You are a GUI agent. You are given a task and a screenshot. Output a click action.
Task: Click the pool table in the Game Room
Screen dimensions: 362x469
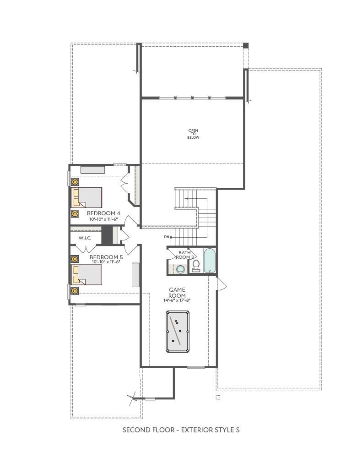178,332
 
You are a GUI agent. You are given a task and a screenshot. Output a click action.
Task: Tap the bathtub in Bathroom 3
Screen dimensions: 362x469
209,261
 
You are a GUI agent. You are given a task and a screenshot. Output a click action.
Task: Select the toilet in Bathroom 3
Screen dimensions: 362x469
196,266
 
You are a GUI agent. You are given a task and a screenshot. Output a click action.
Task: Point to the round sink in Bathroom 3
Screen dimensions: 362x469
181,269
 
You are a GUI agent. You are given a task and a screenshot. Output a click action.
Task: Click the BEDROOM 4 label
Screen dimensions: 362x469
103,213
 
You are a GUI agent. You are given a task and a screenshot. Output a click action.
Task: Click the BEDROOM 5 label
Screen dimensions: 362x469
106,257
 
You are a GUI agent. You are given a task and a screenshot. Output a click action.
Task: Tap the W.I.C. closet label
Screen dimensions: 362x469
85,238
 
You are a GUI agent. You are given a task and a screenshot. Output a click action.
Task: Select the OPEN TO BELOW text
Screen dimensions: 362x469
193,134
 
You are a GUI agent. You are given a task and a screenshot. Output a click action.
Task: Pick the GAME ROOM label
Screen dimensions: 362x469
177,293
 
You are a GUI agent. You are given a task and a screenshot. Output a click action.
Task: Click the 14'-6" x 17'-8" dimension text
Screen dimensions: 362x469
177,300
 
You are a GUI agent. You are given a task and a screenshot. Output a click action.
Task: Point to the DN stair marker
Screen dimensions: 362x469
167,237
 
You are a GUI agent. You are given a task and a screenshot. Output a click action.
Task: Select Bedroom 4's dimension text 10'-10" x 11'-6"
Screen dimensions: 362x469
103,219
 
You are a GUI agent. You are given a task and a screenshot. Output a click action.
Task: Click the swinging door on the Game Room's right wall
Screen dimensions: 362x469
221,283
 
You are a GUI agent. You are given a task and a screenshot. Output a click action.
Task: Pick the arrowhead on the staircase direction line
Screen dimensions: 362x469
186,198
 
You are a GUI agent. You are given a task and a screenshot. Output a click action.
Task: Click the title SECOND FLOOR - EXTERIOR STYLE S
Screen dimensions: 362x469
181,430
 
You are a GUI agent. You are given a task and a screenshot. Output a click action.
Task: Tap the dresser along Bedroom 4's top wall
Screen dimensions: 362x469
92,169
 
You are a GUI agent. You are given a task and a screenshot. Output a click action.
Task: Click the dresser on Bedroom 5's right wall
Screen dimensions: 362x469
136,275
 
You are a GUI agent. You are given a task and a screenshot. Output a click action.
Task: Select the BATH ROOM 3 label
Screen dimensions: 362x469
185,255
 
